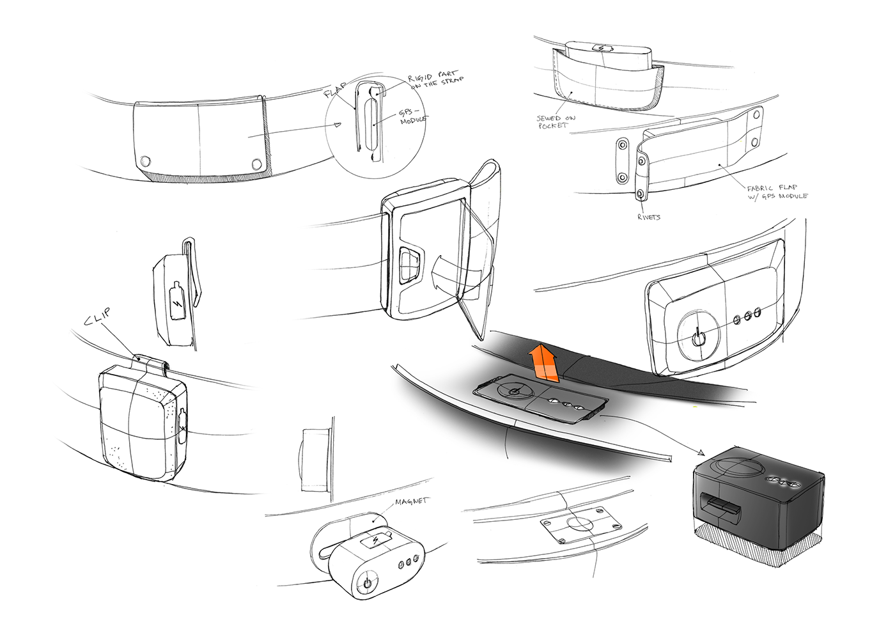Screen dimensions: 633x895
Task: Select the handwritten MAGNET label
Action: [x=411, y=502]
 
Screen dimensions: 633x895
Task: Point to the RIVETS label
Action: [x=648, y=217]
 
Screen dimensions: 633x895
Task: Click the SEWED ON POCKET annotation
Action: [x=555, y=121]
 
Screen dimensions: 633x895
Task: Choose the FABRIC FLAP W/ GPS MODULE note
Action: [x=776, y=192]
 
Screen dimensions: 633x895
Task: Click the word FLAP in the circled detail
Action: [x=336, y=90]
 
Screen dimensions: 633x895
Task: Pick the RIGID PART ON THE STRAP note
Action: [x=435, y=80]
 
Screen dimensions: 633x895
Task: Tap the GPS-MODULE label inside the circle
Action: [x=412, y=116]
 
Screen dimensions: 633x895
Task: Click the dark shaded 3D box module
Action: [x=758, y=505]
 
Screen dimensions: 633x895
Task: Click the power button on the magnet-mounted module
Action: [x=367, y=582]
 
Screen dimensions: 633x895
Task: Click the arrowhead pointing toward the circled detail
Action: [x=336, y=125]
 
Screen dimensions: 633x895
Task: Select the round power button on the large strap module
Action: [x=700, y=336]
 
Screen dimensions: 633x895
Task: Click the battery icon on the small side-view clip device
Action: [x=177, y=301]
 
